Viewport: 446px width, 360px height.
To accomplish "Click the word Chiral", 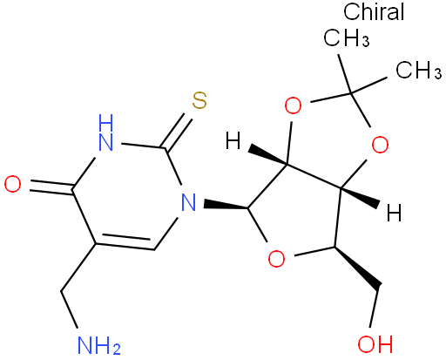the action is [x=374, y=12].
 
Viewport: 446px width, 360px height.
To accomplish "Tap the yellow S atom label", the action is [x=199, y=100].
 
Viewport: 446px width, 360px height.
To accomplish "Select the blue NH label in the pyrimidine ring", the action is [x=106, y=132].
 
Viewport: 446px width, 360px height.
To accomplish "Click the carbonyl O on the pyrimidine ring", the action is [x=12, y=184].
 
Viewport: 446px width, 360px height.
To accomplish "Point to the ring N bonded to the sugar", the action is [x=188, y=202].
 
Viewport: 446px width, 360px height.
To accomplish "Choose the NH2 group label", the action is [x=99, y=345].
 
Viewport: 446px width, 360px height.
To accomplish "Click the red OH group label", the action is [x=375, y=344].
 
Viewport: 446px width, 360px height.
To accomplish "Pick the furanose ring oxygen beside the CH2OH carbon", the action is [x=276, y=259].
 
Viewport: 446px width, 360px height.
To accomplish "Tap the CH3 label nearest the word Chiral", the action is [x=347, y=38].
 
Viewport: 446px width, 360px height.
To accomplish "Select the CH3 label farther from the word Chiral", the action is [x=419, y=70].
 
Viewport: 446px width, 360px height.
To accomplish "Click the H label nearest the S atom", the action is [x=233, y=140].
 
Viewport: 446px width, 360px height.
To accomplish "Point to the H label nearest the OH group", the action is [x=395, y=213].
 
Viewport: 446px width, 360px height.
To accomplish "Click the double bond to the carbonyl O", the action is [x=51, y=186].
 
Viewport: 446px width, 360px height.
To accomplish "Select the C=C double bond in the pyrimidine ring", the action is [x=125, y=242].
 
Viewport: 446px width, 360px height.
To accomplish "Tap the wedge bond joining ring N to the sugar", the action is [x=226, y=205].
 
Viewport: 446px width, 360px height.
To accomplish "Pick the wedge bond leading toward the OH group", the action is [x=357, y=268].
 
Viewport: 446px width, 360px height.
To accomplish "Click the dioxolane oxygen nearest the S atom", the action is [x=293, y=105].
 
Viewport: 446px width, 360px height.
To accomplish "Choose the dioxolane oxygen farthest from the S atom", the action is [x=380, y=145].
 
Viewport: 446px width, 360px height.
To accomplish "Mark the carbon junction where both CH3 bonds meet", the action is [x=351, y=93].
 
